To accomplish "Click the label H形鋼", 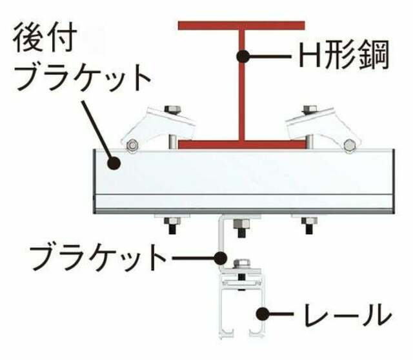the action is [x=344, y=55].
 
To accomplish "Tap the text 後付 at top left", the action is [x=45, y=37].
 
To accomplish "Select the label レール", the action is [x=347, y=314].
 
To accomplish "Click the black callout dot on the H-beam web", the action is [x=243, y=56].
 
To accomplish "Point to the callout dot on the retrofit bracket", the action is [x=114, y=163].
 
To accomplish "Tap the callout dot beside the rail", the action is [x=263, y=314].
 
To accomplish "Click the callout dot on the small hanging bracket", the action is [x=220, y=258].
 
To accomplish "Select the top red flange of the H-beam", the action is [x=241, y=26].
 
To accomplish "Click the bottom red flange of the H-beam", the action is [x=241, y=145].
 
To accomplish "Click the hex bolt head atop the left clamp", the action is [x=172, y=109].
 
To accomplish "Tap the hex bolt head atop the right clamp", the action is [x=309, y=109].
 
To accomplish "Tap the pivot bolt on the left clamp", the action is [x=132, y=145].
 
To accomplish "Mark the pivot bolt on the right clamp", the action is [x=349, y=145].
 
